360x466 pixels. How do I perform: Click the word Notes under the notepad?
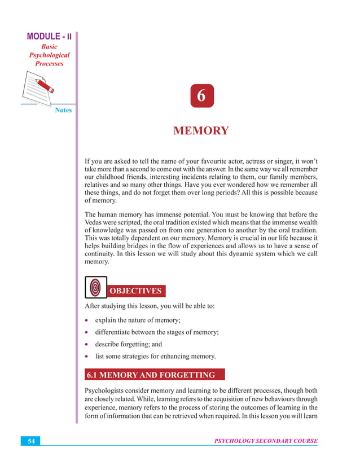point(63,110)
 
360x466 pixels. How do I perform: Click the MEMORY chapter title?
point(201,131)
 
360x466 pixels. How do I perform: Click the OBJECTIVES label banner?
point(135,291)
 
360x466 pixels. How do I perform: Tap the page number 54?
point(32,441)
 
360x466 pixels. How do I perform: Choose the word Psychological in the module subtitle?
point(49,55)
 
